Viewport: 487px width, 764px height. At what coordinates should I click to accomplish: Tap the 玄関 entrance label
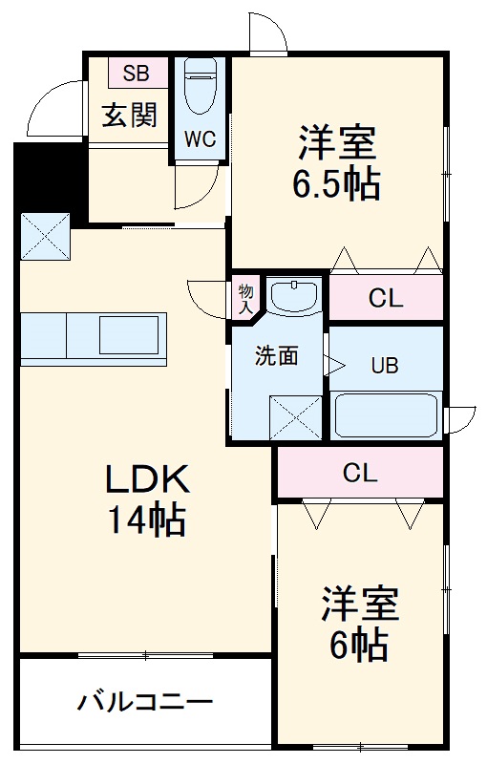click(128, 116)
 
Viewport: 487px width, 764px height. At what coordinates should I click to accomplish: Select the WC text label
click(201, 138)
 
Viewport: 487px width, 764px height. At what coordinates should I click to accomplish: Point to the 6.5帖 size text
click(335, 183)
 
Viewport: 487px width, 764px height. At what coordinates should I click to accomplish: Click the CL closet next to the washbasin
click(386, 298)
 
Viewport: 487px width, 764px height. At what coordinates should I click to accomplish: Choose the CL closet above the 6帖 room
click(360, 472)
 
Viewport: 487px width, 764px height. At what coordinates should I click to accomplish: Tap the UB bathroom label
click(385, 364)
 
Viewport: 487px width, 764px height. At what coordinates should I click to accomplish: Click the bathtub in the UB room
click(386, 414)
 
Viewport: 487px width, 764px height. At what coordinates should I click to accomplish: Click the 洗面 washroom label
click(275, 356)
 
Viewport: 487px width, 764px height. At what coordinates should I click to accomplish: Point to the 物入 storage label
click(244, 297)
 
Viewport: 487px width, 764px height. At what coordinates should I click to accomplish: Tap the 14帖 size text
click(146, 521)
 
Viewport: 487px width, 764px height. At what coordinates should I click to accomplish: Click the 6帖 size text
click(358, 647)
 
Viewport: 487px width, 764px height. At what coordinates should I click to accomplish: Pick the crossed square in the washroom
click(295, 416)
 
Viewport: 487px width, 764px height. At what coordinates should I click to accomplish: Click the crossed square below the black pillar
click(46, 235)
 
